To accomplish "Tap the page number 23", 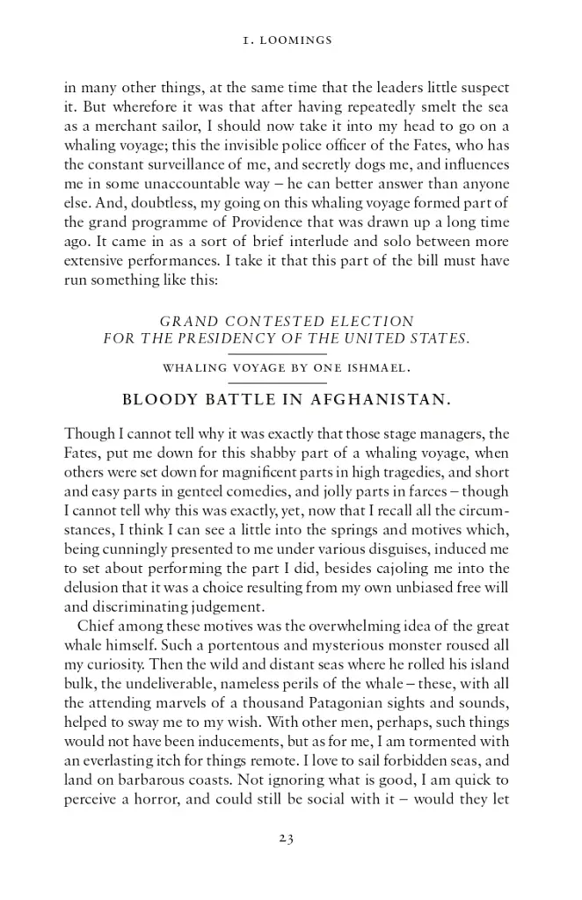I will (x=285, y=838).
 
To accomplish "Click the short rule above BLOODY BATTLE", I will (x=289, y=383).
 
